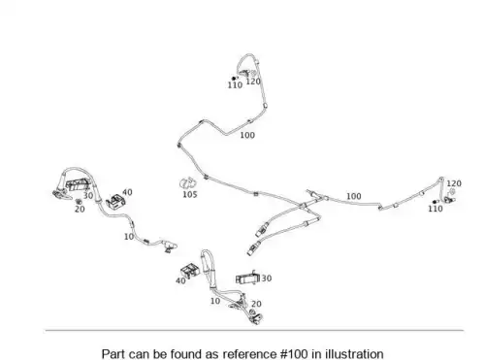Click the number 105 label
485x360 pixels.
(x=190, y=194)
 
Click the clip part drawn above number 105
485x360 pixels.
(x=188, y=183)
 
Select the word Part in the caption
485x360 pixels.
(x=113, y=354)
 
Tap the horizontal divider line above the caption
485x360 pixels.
(x=254, y=330)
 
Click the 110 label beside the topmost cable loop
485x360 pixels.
(x=235, y=85)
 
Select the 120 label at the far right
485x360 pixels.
(x=454, y=183)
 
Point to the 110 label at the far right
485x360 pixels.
(x=436, y=209)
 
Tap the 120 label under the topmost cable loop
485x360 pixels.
(x=253, y=82)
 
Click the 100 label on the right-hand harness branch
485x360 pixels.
(x=354, y=196)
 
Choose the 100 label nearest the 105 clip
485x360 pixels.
(x=247, y=135)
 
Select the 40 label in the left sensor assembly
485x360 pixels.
(x=127, y=192)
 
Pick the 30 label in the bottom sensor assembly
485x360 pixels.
(x=267, y=278)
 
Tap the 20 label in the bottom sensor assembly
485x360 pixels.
(x=256, y=304)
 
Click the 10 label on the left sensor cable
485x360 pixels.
(x=129, y=237)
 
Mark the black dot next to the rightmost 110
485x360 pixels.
(x=435, y=202)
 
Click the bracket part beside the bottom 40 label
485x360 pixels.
(x=190, y=271)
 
